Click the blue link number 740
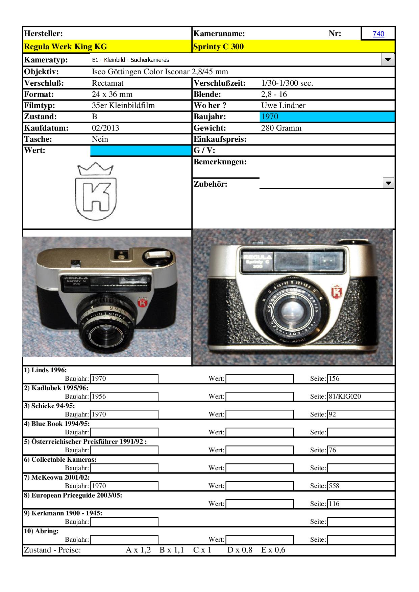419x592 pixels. click(378, 34)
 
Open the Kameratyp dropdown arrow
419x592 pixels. click(388, 60)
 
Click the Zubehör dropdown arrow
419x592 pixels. click(389, 183)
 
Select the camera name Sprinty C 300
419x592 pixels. click(218, 47)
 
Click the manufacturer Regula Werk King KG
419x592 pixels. click(66, 47)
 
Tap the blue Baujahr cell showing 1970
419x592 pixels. click(270, 117)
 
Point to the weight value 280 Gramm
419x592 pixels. click(281, 128)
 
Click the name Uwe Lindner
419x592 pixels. click(283, 105)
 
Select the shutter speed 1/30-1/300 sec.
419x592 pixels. click(287, 83)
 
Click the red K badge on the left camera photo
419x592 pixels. click(142, 303)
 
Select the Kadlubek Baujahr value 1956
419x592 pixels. click(99, 397)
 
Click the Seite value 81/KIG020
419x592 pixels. click(345, 397)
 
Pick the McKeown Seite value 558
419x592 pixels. click(334, 486)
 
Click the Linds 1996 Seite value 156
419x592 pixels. click(334, 379)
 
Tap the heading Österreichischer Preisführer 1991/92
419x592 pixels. click(85, 441)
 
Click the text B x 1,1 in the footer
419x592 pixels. click(172, 550)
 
